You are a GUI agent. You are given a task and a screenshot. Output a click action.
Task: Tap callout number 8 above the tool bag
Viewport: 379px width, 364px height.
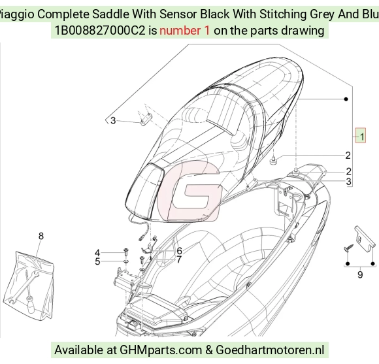[x=41, y=236]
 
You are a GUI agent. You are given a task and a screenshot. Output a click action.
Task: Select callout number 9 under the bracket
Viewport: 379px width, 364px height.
[x=360, y=274]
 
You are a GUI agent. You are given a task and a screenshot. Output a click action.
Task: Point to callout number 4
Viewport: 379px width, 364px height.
[x=97, y=253]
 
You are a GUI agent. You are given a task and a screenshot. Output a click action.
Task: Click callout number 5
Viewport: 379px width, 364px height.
[x=97, y=261]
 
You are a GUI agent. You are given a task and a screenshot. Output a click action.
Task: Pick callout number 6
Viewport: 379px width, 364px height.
[x=179, y=251]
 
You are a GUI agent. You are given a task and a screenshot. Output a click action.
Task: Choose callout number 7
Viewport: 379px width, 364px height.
[x=179, y=259]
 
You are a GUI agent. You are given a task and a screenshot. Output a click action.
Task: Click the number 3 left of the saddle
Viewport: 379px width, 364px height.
[x=113, y=120]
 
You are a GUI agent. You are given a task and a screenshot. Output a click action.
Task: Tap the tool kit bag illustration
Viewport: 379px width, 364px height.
[x=29, y=286]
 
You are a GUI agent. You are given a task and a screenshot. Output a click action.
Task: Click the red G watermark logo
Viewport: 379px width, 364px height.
[x=189, y=191]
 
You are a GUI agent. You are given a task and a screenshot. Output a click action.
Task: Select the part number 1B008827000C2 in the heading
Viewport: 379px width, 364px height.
[x=101, y=31]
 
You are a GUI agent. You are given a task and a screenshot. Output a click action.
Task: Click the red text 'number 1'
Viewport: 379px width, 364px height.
[x=185, y=31]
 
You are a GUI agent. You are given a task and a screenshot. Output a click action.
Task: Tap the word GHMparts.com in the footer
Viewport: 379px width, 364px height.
[x=161, y=350]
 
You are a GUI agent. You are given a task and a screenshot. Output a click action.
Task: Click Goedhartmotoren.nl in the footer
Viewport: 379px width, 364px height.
[x=270, y=350]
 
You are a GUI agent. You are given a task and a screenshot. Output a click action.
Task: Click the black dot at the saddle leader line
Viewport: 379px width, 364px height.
[x=346, y=99]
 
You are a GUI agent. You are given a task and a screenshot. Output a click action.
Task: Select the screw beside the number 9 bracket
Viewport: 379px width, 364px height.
[x=348, y=248]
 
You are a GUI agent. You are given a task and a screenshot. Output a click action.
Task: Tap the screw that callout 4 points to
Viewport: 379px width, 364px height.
[x=126, y=252]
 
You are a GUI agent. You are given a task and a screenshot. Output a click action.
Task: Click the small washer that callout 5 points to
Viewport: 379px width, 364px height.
[x=126, y=261]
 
